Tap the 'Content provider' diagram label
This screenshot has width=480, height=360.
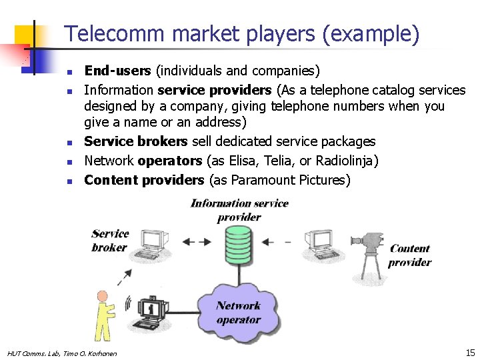tap(409, 255)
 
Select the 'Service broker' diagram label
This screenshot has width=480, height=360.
tap(109, 240)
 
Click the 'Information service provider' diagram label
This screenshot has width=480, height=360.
tap(239, 210)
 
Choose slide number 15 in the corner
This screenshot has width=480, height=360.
tap(470, 352)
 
